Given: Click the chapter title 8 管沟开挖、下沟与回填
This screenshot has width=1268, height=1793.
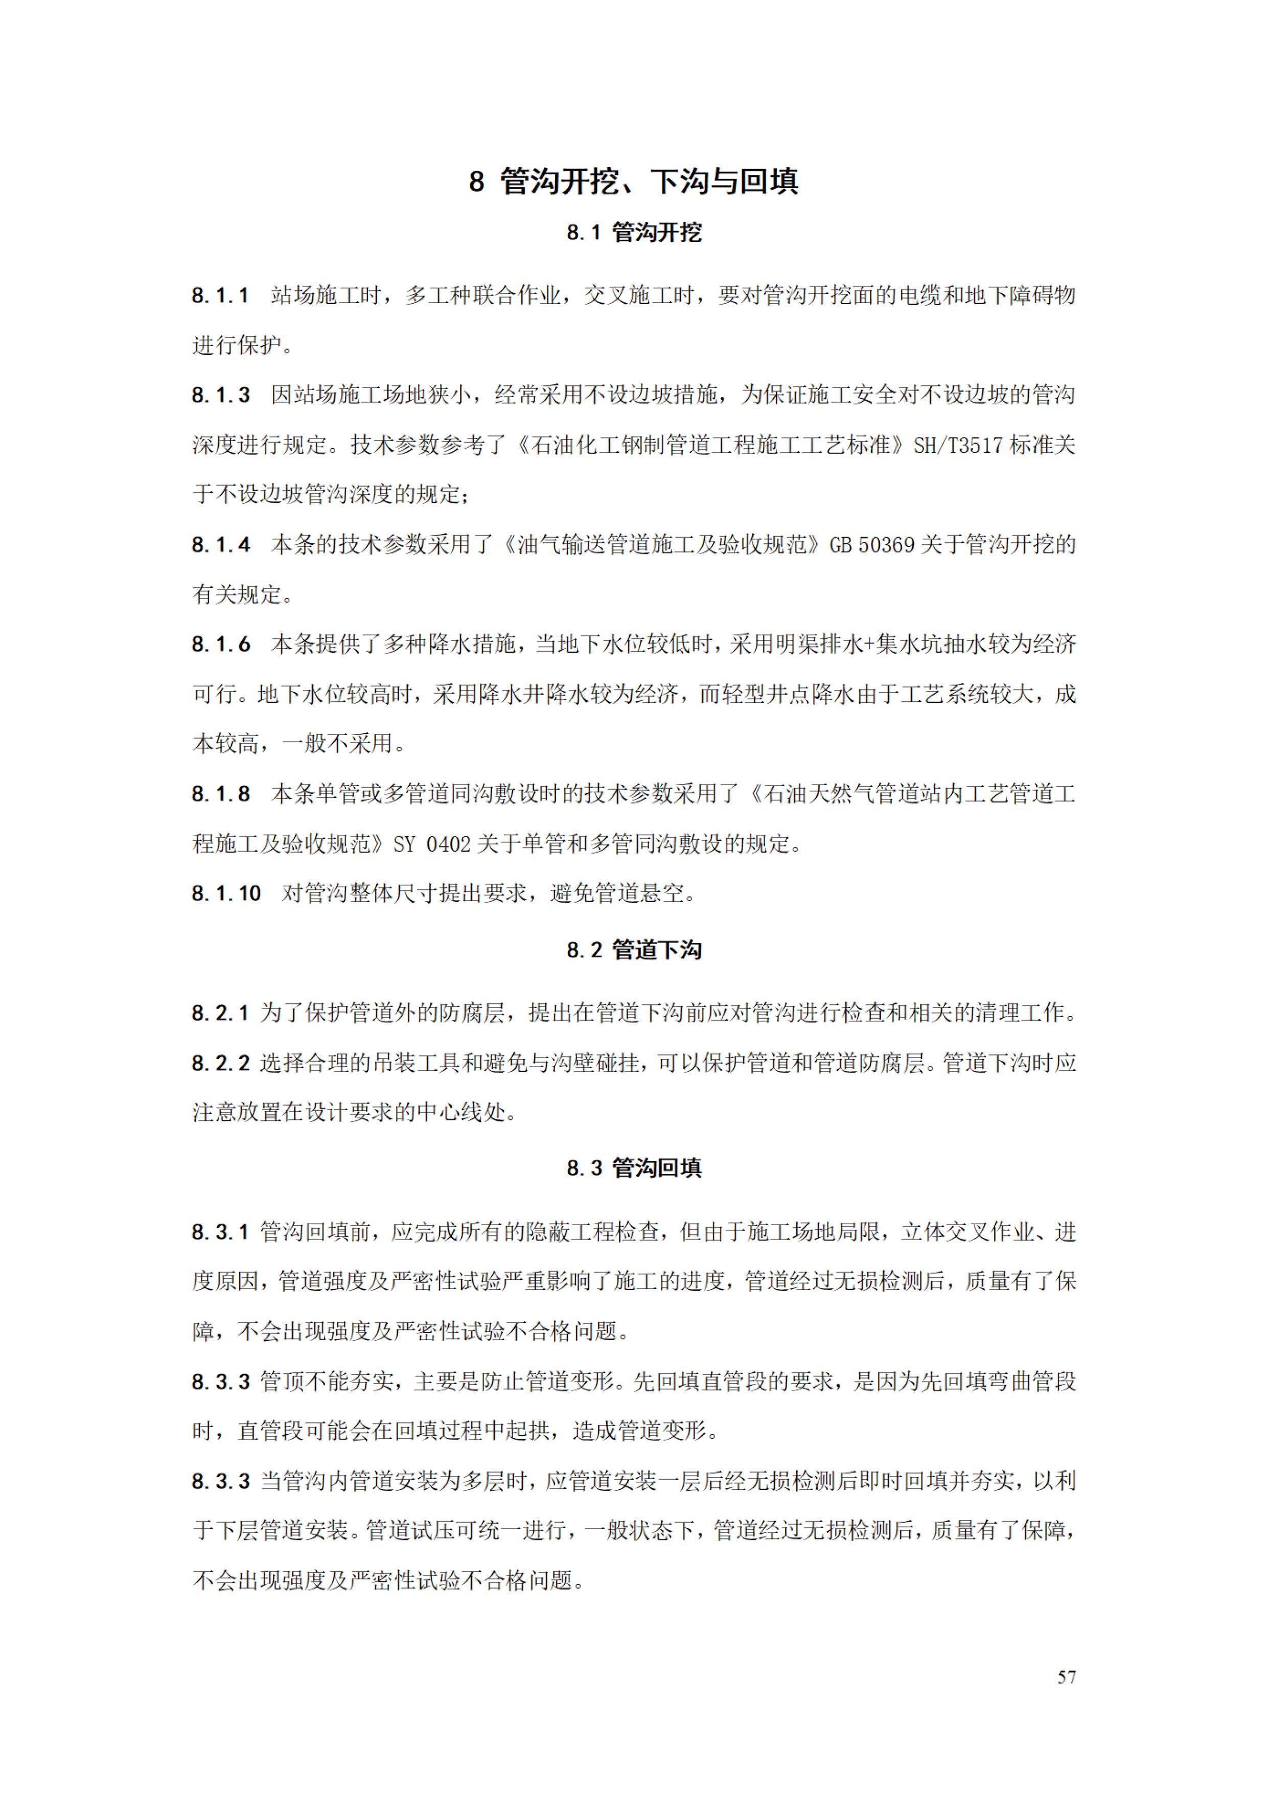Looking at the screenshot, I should pyautogui.click(x=633, y=181).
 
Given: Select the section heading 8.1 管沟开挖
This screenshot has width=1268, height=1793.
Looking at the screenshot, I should pyautogui.click(x=633, y=233).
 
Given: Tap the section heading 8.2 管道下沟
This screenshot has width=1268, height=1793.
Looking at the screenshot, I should pyautogui.click(x=633, y=950).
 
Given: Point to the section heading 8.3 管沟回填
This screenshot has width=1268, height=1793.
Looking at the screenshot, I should pyautogui.click(x=633, y=1168).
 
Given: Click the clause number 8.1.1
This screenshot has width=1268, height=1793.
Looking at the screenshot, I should pyautogui.click(x=220, y=296).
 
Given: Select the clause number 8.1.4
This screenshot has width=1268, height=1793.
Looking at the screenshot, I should pyautogui.click(x=221, y=545).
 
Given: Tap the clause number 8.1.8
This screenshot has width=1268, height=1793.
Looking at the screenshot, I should pyautogui.click(x=221, y=794).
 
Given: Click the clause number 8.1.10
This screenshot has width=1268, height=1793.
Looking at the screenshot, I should pyautogui.click(x=226, y=893).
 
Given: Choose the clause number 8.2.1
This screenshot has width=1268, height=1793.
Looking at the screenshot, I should pyautogui.click(x=220, y=1014).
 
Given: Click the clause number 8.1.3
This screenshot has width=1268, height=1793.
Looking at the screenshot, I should pyautogui.click(x=221, y=395).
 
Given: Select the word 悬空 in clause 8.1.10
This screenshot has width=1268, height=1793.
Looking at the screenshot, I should pyautogui.click(x=661, y=893).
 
